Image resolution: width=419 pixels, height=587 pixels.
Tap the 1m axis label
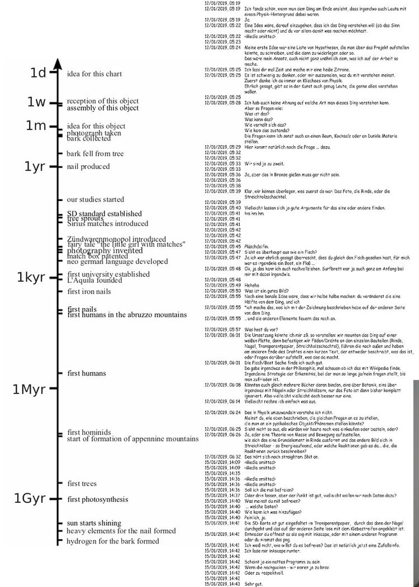point(36,126)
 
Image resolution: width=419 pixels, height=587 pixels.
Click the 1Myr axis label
point(29,389)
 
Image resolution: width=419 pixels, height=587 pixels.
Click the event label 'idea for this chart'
point(94,74)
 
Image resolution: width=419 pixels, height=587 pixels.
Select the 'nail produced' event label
point(88,166)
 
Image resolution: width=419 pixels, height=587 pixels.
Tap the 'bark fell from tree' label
point(95,153)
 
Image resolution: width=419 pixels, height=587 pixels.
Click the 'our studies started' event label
point(96,199)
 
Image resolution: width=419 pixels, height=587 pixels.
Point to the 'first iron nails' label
point(92,291)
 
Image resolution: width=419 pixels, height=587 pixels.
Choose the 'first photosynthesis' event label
point(98,499)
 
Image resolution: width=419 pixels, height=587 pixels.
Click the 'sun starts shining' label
point(94,523)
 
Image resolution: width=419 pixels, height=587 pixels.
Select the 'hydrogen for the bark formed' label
point(113,541)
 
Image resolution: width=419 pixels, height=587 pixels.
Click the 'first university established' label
point(108,275)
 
